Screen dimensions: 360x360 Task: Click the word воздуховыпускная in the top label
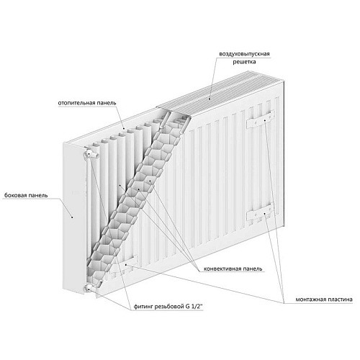[244, 54]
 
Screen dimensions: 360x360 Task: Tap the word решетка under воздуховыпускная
[244, 62]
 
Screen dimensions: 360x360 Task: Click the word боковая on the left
[14, 195]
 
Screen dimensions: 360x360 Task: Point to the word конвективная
[222, 269]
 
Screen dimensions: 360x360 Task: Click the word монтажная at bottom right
[310, 300]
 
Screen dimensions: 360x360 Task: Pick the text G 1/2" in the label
[194, 307]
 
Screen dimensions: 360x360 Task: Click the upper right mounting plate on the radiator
[261, 120]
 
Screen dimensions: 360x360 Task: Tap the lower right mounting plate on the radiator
[261, 212]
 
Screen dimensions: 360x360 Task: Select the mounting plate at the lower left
[124, 265]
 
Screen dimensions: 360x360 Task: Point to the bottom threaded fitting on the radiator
[89, 288]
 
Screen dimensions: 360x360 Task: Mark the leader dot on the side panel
[72, 217]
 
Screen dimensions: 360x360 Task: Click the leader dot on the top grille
[210, 98]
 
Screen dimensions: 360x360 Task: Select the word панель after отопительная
[106, 103]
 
